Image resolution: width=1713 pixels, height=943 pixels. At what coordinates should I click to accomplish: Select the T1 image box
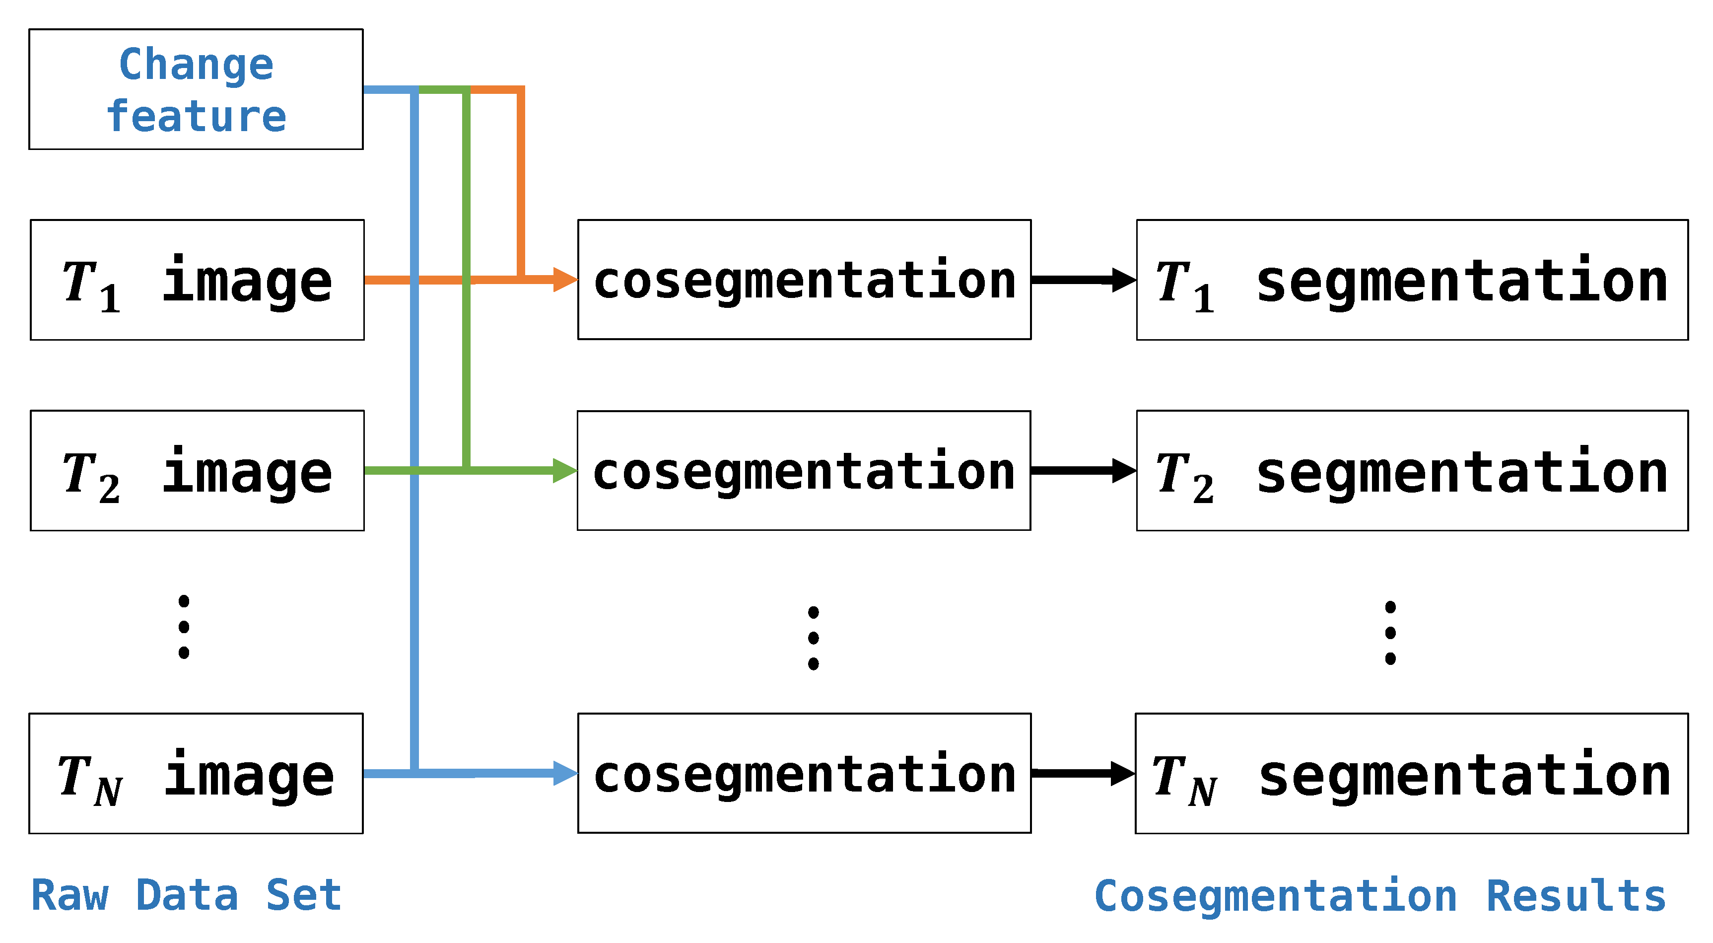click(198, 280)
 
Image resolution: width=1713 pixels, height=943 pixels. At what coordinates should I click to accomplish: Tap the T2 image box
click(198, 471)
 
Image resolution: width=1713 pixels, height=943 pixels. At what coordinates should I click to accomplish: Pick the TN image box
click(196, 774)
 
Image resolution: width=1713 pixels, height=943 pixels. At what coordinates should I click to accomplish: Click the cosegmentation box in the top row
click(805, 280)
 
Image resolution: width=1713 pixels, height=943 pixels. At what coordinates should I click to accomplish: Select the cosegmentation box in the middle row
click(804, 471)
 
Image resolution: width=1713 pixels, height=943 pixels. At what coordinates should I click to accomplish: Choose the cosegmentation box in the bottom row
click(805, 774)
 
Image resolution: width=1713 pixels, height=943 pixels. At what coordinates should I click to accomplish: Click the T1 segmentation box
click(1412, 280)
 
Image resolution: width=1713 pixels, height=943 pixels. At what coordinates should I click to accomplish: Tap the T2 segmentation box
click(1412, 471)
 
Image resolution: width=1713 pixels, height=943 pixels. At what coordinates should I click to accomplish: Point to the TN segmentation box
click(1411, 774)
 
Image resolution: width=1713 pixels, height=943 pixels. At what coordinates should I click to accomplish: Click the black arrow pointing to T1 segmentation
click(1084, 280)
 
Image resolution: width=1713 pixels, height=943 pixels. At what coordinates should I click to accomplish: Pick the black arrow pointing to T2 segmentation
click(1084, 470)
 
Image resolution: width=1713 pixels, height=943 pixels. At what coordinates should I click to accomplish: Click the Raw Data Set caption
click(186, 895)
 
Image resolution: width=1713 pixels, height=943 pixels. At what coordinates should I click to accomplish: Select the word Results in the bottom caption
click(1576, 896)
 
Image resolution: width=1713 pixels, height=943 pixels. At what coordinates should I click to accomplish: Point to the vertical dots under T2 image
click(184, 627)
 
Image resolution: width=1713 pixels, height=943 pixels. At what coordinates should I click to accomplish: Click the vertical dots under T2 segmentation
click(1390, 633)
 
